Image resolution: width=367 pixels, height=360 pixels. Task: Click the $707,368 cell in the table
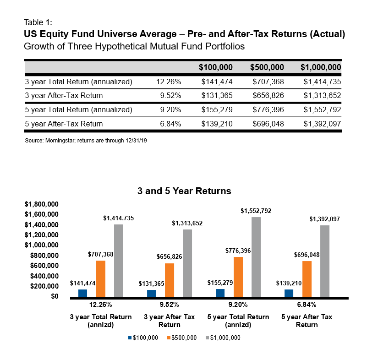(268, 82)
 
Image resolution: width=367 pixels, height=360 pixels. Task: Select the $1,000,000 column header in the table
(321, 67)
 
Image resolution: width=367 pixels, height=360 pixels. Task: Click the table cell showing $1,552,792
(322, 110)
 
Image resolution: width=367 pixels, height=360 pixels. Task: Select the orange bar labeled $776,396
(238, 277)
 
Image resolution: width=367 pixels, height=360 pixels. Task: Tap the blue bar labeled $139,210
(289, 293)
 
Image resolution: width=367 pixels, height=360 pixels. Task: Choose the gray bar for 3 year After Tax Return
(187, 263)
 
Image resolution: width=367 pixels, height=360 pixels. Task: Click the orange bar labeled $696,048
(307, 279)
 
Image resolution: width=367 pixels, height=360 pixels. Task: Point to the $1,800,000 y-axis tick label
(41, 204)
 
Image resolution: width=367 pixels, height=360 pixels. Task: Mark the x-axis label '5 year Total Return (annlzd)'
(238, 321)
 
